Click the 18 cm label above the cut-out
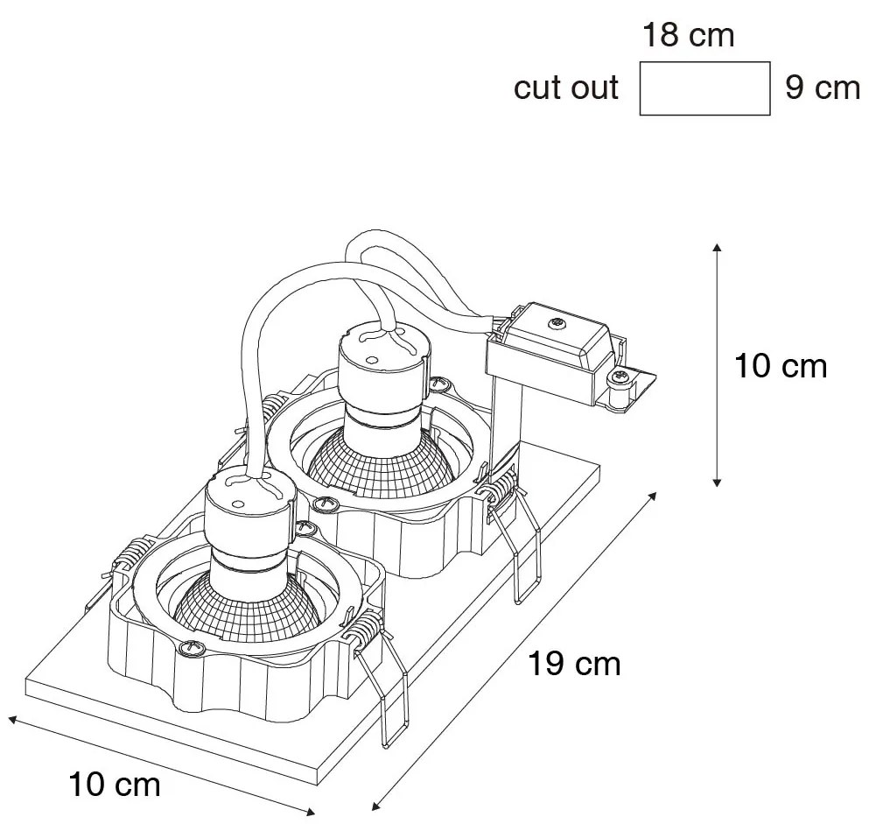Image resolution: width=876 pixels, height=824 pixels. pos(689,36)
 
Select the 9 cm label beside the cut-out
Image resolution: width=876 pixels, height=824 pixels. pos(823,88)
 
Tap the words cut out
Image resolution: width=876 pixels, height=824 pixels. pos(566,88)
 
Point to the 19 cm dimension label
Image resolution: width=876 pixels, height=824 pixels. pos(574,663)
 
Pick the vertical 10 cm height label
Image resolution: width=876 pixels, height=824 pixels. pos(780,366)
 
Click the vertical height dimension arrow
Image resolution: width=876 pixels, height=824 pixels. pos(717,365)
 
